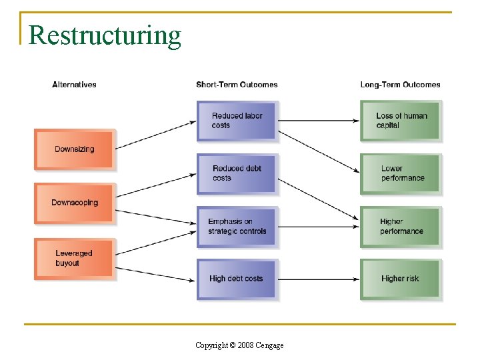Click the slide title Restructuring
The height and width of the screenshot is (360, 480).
(x=105, y=35)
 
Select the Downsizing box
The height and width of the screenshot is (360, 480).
(x=74, y=149)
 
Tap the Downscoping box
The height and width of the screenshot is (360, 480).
(x=74, y=203)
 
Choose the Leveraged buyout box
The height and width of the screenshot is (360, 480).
(x=74, y=259)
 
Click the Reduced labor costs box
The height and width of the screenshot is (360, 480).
(x=237, y=121)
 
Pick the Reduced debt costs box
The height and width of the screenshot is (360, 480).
(x=237, y=173)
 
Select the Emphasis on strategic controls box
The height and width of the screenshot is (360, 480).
(x=237, y=227)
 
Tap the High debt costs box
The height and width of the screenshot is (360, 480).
(x=237, y=279)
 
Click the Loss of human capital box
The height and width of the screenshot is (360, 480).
(x=401, y=121)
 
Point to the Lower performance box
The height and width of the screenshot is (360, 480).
(x=401, y=173)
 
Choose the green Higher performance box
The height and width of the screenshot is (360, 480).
(x=401, y=227)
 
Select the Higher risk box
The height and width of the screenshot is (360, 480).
(x=401, y=279)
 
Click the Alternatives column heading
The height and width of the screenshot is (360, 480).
(x=74, y=85)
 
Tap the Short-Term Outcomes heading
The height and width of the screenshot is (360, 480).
(x=237, y=85)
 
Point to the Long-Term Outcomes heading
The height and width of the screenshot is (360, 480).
(x=400, y=85)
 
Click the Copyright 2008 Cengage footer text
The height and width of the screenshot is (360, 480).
(x=239, y=345)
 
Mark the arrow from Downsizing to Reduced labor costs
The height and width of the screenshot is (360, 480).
(x=155, y=135)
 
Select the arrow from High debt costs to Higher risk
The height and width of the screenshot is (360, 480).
(x=318, y=279)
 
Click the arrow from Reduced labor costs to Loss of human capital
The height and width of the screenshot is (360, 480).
(x=318, y=121)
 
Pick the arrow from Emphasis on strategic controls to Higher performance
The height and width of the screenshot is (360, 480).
(x=318, y=227)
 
